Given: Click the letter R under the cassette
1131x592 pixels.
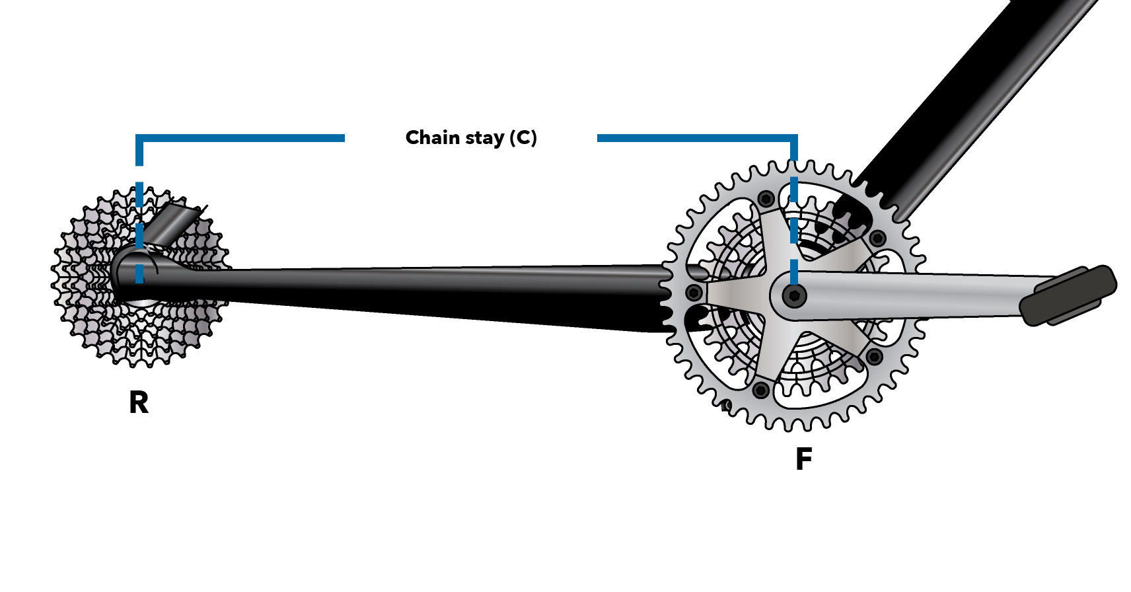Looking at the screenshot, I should click(x=139, y=402).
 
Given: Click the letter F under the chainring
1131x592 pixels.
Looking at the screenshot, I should click(x=803, y=459).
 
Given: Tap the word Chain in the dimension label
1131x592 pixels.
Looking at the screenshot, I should click(x=432, y=137).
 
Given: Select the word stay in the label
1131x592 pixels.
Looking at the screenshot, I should click(x=484, y=138).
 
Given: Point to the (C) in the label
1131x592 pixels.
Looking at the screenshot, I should click(x=523, y=137).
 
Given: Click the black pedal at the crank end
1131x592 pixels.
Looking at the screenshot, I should click(x=1068, y=295).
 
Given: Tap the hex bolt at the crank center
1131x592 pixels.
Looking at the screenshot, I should click(x=794, y=295).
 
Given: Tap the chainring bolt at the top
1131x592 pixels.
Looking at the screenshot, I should click(x=766, y=198).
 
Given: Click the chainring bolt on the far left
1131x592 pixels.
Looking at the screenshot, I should click(x=694, y=292).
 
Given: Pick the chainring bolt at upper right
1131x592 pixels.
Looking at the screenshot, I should click(x=877, y=238).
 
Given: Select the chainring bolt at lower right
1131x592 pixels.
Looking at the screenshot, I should click(x=874, y=357).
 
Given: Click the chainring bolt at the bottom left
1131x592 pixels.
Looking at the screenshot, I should click(x=761, y=390).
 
